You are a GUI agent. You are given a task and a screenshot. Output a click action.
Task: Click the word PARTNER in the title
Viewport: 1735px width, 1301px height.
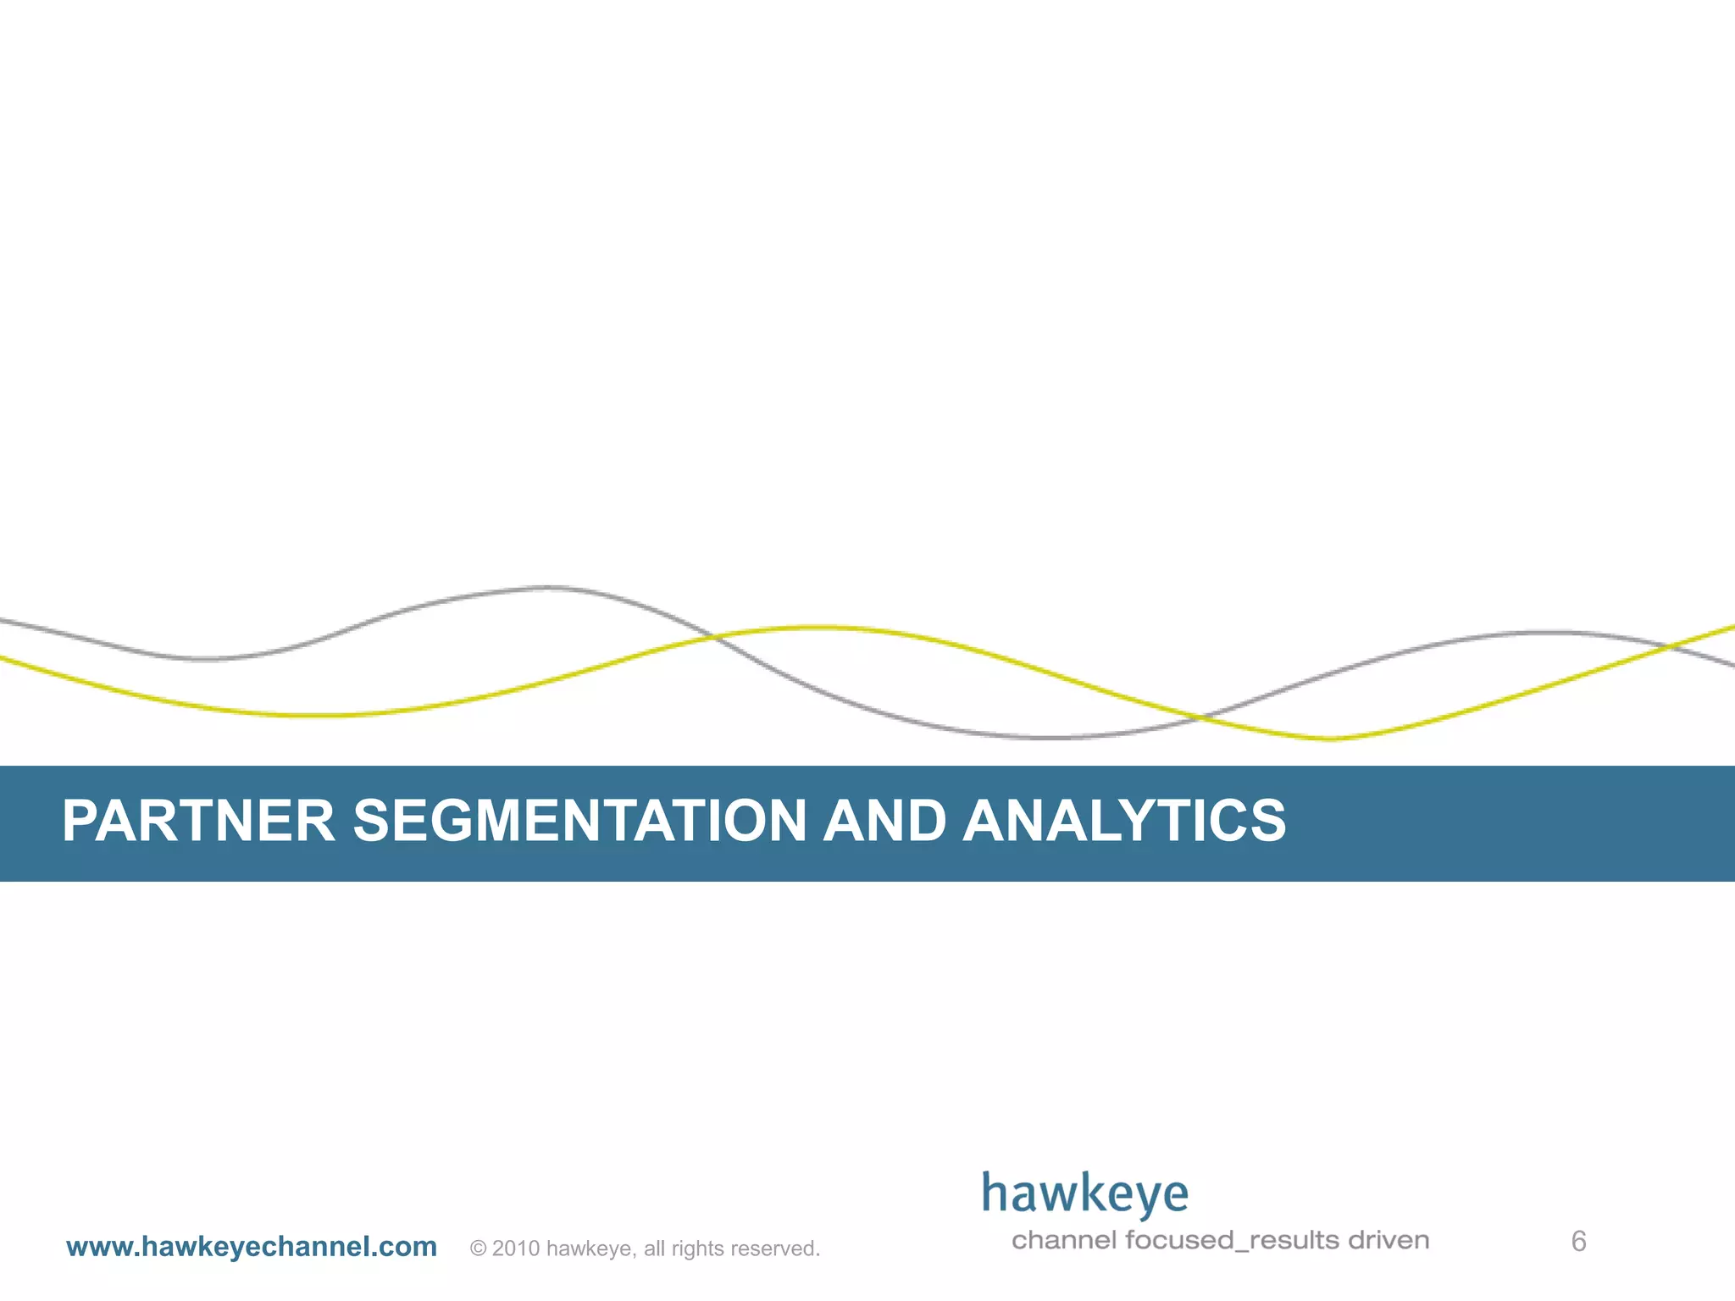tap(198, 821)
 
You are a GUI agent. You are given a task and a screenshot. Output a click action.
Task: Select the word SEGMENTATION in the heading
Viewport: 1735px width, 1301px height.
tap(579, 821)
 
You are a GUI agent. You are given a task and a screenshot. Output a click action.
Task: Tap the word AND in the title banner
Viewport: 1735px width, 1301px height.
tap(884, 821)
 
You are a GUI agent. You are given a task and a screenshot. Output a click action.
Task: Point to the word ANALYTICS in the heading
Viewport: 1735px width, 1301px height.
tap(1124, 821)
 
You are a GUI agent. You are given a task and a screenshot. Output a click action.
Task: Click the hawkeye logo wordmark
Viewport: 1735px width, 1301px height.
tap(1085, 1194)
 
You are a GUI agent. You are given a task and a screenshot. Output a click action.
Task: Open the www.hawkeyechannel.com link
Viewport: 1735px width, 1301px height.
tap(252, 1247)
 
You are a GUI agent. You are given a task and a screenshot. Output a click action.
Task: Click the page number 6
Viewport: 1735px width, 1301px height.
tap(1578, 1242)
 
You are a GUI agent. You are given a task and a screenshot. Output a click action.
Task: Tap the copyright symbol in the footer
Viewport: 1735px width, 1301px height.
tap(478, 1248)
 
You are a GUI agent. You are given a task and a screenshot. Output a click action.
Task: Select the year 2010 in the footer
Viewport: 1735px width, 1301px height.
tap(516, 1248)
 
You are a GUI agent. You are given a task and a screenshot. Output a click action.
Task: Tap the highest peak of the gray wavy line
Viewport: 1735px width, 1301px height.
tap(548, 586)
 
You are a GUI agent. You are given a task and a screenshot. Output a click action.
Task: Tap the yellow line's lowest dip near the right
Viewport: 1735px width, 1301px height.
tap(1330, 739)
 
